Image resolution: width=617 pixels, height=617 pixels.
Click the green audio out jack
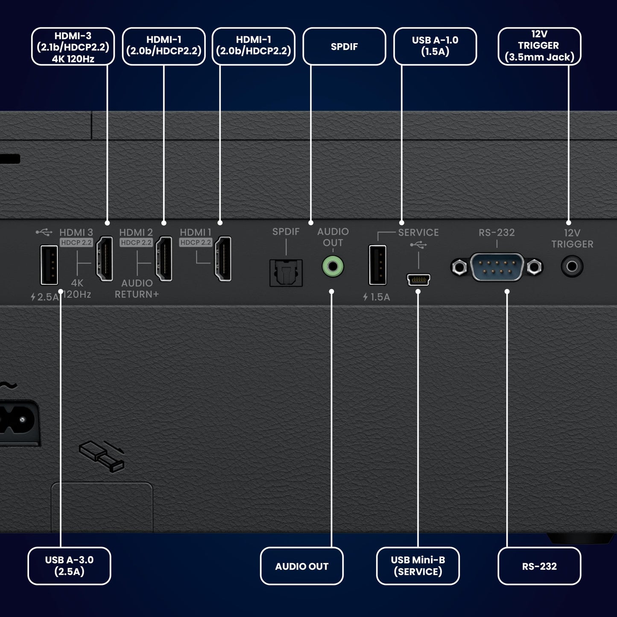pyautogui.click(x=333, y=267)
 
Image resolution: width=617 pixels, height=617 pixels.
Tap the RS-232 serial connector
pyautogui.click(x=497, y=267)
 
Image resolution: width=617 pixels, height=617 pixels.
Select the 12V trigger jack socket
pyautogui.click(x=572, y=267)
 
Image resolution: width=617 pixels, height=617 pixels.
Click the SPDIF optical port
pyautogui.click(x=286, y=273)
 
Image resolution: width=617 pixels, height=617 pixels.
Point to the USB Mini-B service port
pyautogui.click(x=418, y=280)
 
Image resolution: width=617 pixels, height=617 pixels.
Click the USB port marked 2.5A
pyautogui.click(x=49, y=265)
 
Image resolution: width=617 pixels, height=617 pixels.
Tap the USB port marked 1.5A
pyautogui.click(x=377, y=265)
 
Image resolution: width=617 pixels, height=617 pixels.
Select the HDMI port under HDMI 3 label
pyautogui.click(x=105, y=259)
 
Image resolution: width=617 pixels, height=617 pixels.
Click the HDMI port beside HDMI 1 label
pyautogui.click(x=223, y=259)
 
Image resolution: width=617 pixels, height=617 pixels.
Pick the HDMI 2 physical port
pyautogui.click(x=164, y=259)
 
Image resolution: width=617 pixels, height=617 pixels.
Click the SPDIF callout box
pyautogui.click(x=344, y=47)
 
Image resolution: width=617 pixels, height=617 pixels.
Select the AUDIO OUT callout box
pyautogui.click(x=301, y=566)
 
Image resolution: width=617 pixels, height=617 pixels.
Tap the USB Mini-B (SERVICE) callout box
pyautogui.click(x=418, y=566)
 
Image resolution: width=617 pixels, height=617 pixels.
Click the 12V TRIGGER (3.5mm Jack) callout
pyautogui.click(x=539, y=46)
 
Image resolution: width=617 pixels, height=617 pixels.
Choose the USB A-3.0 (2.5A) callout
pyautogui.click(x=69, y=566)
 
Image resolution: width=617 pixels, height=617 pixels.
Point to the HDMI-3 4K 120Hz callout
pyautogui.click(x=73, y=47)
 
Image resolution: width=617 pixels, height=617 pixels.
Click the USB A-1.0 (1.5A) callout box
pyautogui.click(x=435, y=47)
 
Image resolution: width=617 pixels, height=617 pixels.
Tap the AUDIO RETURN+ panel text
pyautogui.click(x=137, y=289)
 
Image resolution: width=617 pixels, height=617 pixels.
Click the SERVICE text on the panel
pyautogui.click(x=418, y=232)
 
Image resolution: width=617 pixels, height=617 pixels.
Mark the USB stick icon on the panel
pyautogui.click(x=102, y=456)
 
